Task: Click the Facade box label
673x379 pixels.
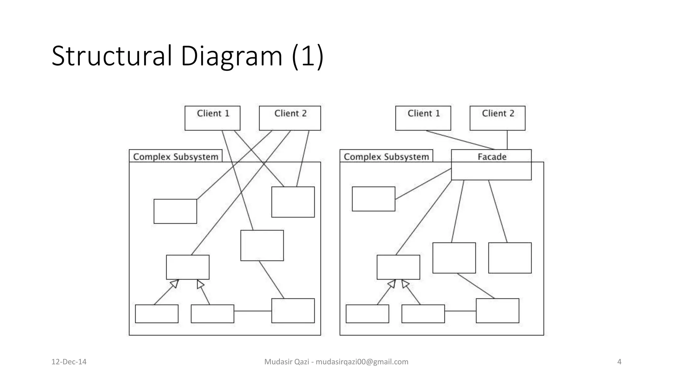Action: click(x=492, y=157)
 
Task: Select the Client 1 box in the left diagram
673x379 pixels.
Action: click(x=212, y=118)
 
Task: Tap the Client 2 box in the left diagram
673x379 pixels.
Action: click(x=290, y=118)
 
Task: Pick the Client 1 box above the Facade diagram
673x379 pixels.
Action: click(x=423, y=118)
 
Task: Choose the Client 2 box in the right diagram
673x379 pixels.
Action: click(x=497, y=118)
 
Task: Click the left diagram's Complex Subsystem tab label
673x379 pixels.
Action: click(x=175, y=157)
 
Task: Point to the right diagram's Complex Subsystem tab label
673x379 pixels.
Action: click(x=386, y=157)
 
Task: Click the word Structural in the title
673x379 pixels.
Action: click(x=112, y=56)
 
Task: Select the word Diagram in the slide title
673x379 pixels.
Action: click(x=231, y=56)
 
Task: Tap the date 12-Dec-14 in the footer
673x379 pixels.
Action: click(x=69, y=362)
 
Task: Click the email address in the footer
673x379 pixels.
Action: click(x=362, y=362)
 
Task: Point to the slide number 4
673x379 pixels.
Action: click(x=619, y=362)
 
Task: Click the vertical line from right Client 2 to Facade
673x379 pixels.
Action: click(x=507, y=140)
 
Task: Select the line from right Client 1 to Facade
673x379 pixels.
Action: click(x=460, y=140)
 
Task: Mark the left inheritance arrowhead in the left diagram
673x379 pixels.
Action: click(x=174, y=283)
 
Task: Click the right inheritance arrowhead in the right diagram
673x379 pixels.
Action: click(x=405, y=284)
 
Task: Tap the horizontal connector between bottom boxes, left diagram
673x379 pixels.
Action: click(x=252, y=311)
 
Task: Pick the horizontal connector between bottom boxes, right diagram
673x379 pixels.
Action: click(x=460, y=311)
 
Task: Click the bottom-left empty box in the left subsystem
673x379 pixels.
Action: click(x=157, y=314)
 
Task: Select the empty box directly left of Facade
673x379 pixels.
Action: click(x=373, y=199)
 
